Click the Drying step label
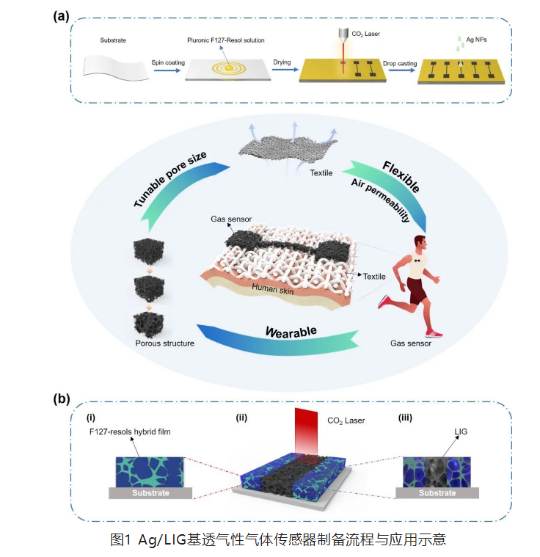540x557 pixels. [282, 63]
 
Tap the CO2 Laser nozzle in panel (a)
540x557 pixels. [343, 35]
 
